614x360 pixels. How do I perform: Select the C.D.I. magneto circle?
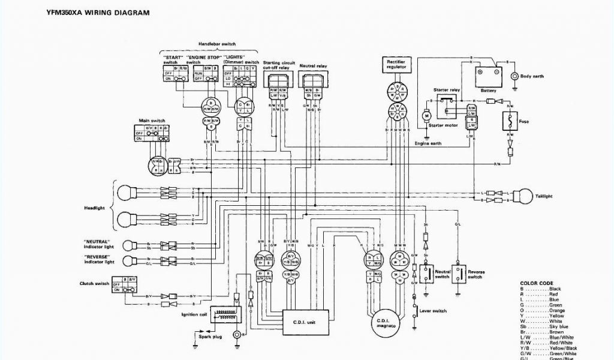(384, 325)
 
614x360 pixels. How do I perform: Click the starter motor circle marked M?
(427, 115)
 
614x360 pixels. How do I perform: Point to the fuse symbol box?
(510, 121)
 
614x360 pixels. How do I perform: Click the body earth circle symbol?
(514, 77)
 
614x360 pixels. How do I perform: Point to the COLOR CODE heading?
(536, 283)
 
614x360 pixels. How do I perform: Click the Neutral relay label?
(313, 65)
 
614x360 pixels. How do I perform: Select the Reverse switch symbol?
(459, 273)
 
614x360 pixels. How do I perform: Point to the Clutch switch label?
(94, 283)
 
